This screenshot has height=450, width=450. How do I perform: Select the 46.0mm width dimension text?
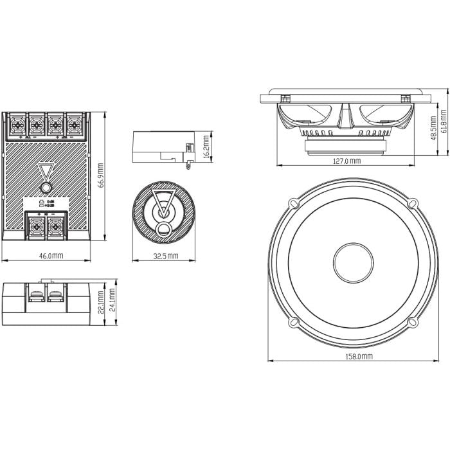pyautogui.click(x=51, y=255)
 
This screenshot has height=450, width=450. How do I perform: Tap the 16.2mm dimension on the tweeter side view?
pyautogui.click(x=205, y=147)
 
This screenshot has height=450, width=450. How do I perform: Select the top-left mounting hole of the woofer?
pyautogui.click(x=293, y=203)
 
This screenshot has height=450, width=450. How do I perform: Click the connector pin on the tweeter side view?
pyautogui.click(x=188, y=166)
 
